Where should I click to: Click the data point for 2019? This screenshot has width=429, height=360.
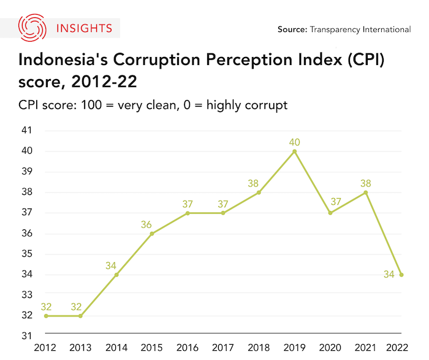pyautogui.click(x=295, y=151)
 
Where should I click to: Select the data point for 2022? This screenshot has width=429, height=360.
pyautogui.click(x=401, y=275)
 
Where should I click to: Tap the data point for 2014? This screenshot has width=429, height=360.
pyautogui.click(x=116, y=275)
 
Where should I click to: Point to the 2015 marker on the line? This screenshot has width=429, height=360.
pyautogui.click(x=152, y=234)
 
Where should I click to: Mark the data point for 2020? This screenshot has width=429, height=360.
pyautogui.click(x=330, y=213)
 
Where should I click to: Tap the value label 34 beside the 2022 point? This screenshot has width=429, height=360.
pyautogui.click(x=389, y=275)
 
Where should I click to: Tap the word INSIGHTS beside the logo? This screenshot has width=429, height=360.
pyautogui.click(x=83, y=28)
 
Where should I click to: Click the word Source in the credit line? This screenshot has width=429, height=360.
pyautogui.click(x=292, y=29)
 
